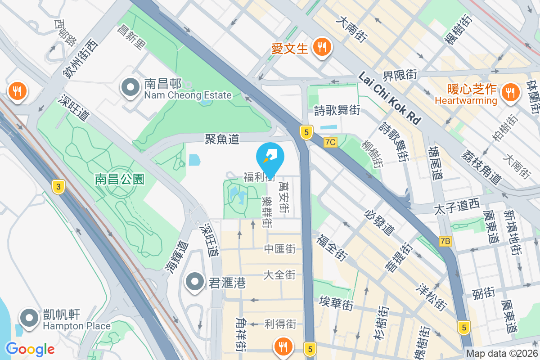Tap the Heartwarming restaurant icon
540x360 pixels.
(510, 92)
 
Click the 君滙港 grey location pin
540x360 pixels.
(195, 282)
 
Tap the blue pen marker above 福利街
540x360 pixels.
(270, 156)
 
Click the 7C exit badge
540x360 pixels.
(330, 142)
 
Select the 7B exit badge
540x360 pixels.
(445, 242)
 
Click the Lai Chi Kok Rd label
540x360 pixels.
(390, 99)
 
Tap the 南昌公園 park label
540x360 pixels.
(119, 180)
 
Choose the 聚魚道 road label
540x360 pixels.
(222, 139)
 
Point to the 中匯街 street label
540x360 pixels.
(279, 248)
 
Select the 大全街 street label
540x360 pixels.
(279, 274)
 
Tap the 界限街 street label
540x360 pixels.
(400, 74)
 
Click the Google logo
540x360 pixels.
(30, 349)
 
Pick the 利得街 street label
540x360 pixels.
(280, 324)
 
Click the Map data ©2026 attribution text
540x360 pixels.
(502, 354)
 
